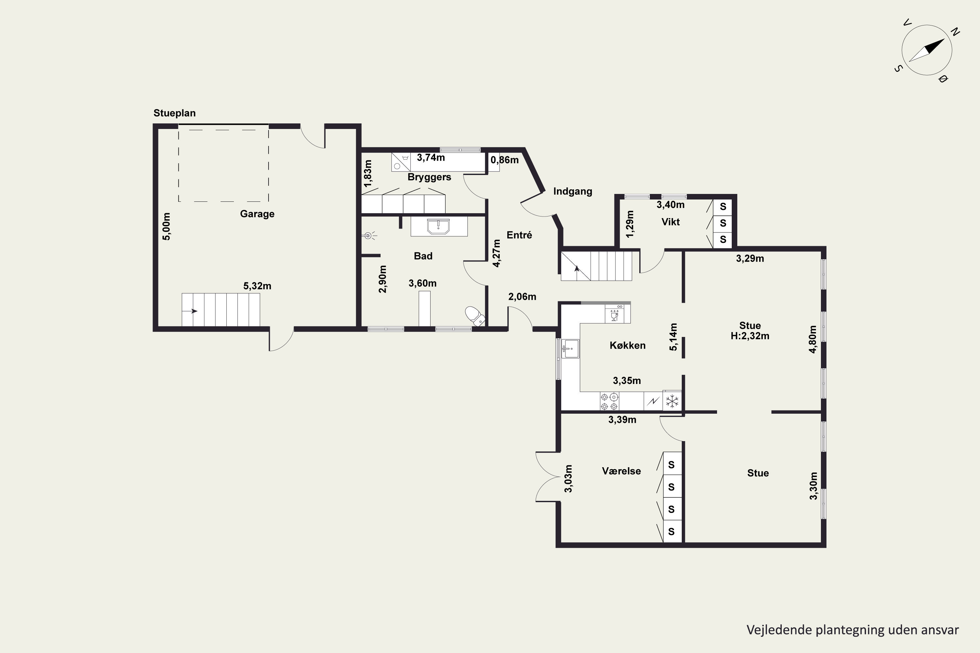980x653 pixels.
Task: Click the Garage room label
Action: [x=257, y=214]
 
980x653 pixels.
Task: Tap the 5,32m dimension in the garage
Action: [x=257, y=286]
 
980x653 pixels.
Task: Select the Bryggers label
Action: [x=429, y=177]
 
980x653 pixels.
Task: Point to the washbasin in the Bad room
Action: [x=438, y=227]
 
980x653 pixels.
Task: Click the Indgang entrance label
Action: [x=573, y=192]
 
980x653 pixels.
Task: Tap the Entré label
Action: [x=519, y=235]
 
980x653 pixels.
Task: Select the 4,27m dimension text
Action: [x=496, y=253]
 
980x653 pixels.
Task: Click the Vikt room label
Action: [x=670, y=222]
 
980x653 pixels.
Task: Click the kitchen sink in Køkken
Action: [x=570, y=349]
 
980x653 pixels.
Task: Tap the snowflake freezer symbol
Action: [x=672, y=401]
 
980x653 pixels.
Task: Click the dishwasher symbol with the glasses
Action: [x=614, y=314]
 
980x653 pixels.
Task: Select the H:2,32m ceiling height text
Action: [x=750, y=336]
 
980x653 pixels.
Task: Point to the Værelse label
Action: [x=621, y=471]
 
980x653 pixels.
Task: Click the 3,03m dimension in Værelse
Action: [x=568, y=479]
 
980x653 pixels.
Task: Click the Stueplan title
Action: [x=174, y=113]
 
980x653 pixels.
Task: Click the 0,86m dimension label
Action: [x=505, y=160]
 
